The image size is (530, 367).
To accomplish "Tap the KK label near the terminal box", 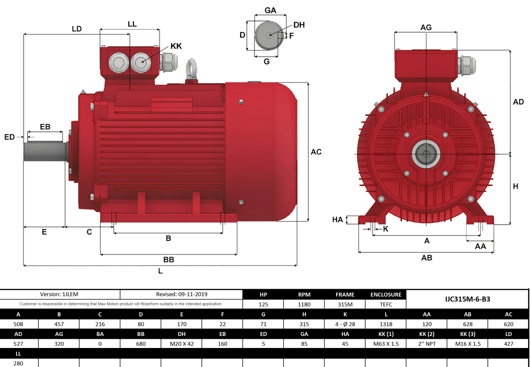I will point(176,46).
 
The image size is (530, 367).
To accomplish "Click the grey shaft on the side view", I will point(44,151).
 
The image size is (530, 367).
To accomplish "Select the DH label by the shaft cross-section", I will point(299,25).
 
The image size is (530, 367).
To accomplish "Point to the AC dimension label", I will point(316,152).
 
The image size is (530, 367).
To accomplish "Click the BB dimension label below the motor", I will point(168,260).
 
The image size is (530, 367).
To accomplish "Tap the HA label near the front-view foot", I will point(337,220).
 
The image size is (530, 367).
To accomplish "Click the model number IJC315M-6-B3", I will point(467,299).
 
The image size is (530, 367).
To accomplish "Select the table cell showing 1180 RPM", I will point(304,304).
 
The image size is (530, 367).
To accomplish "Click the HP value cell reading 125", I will point(263,304).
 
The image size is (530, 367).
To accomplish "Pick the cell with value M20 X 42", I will point(181,344).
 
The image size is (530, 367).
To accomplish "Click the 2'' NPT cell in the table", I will point(427,344).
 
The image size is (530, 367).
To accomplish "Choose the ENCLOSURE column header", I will point(386,294).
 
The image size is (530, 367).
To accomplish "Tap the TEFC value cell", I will point(386,304).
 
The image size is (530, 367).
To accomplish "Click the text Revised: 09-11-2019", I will point(181,294).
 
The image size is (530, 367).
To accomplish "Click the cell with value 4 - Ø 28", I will point(345,324).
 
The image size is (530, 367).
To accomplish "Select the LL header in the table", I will point(18,354).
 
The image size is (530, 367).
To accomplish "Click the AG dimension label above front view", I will point(426,27).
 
